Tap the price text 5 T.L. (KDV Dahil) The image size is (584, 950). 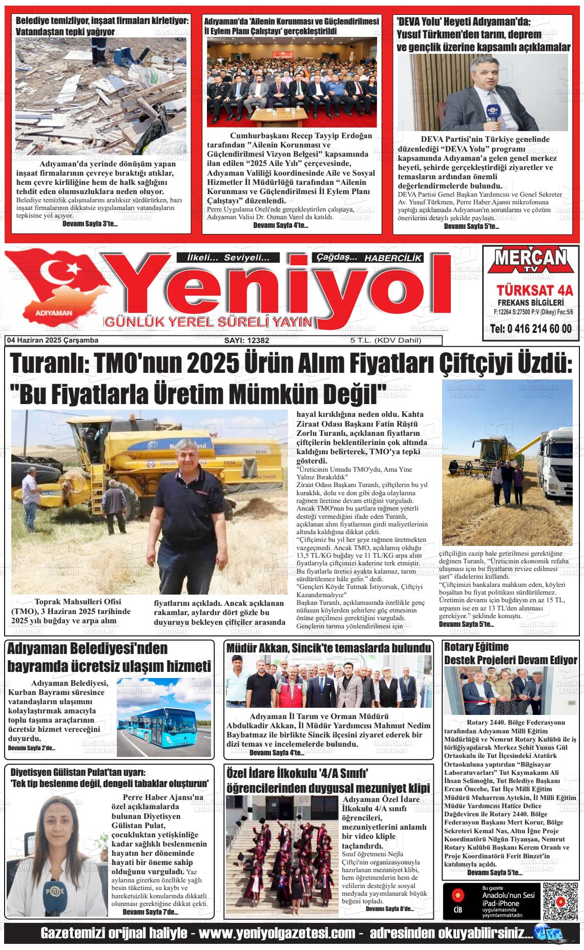click(x=386, y=341)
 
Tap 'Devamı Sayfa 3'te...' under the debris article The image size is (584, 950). click(x=90, y=224)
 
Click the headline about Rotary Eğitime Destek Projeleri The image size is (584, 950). click(x=510, y=653)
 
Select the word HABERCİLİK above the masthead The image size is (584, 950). click(x=393, y=259)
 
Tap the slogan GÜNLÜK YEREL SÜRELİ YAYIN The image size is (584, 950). click(x=208, y=322)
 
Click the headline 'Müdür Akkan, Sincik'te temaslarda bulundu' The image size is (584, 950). click(x=328, y=648)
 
